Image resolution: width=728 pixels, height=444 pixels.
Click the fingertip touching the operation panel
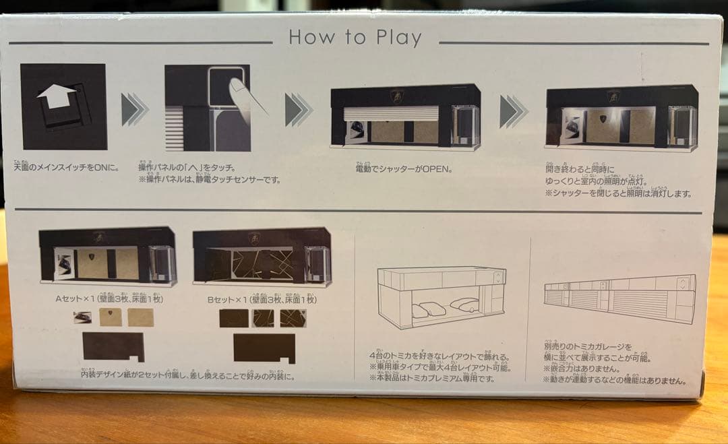point(237,88)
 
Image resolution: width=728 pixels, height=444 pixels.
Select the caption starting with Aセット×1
point(111,298)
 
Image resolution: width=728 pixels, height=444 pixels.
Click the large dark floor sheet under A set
point(113,346)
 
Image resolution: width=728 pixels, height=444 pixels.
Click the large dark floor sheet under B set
point(264,347)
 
